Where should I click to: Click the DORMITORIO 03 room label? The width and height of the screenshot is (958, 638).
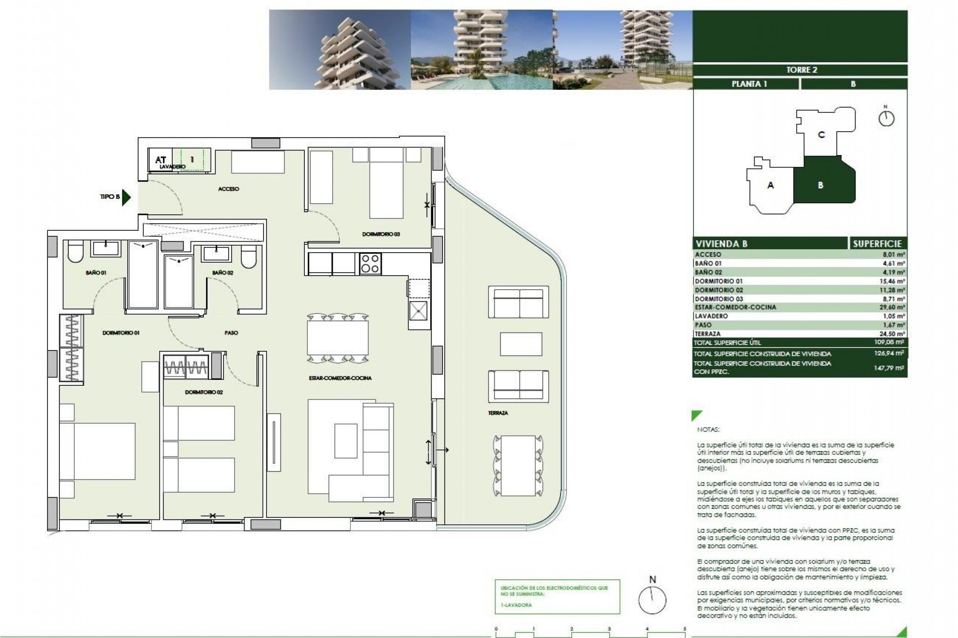click(381, 234)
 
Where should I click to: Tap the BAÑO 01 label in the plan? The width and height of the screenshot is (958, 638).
click(96, 273)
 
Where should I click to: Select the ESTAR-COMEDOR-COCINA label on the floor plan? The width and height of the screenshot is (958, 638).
click(340, 378)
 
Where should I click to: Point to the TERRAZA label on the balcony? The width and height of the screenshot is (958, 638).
click(498, 413)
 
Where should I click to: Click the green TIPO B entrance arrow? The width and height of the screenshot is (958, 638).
click(126, 197)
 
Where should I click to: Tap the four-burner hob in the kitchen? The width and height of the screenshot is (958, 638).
click(370, 264)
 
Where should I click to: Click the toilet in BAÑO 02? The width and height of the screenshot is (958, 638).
click(248, 257)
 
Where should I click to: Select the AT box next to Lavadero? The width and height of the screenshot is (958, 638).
click(160, 160)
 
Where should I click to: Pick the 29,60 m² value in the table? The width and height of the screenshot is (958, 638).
click(892, 308)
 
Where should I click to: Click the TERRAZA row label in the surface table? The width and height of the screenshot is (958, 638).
click(708, 334)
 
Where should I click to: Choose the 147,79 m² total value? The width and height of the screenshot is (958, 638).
click(891, 368)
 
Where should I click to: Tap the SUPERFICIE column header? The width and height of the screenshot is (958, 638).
click(877, 244)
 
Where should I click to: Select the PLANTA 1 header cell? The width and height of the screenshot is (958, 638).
click(748, 84)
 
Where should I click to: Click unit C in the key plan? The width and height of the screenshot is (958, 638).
click(821, 135)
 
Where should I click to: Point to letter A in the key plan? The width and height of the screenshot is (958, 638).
click(770, 185)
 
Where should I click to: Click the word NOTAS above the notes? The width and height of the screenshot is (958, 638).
click(708, 430)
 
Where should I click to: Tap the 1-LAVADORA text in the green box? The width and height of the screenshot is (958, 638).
click(516, 605)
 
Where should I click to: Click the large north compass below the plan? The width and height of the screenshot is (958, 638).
click(652, 600)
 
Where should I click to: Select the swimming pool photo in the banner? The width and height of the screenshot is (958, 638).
click(481, 50)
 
